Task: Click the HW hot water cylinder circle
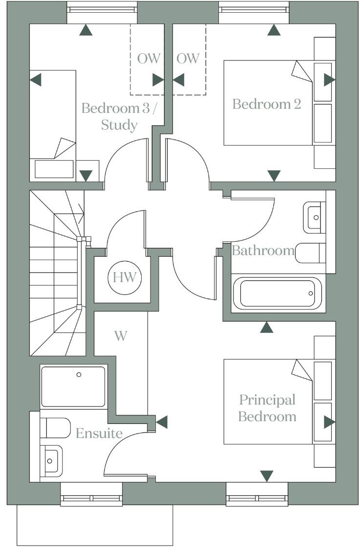pos(125,278)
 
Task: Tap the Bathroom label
pos(263,251)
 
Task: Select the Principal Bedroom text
pos(267,408)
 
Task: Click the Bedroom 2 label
pos(266,104)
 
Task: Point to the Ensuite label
pos(99,433)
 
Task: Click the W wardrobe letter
pos(121,336)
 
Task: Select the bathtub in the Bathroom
pos(277,293)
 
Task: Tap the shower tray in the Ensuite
pos(73,387)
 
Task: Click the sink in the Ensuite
pos(51,460)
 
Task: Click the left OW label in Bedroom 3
pos(148,59)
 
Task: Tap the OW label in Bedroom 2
pos(188,59)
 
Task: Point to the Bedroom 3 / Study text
pos(119,116)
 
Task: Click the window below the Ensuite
pos(92,499)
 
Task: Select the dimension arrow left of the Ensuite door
pos(161,422)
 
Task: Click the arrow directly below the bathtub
pos(267,327)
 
